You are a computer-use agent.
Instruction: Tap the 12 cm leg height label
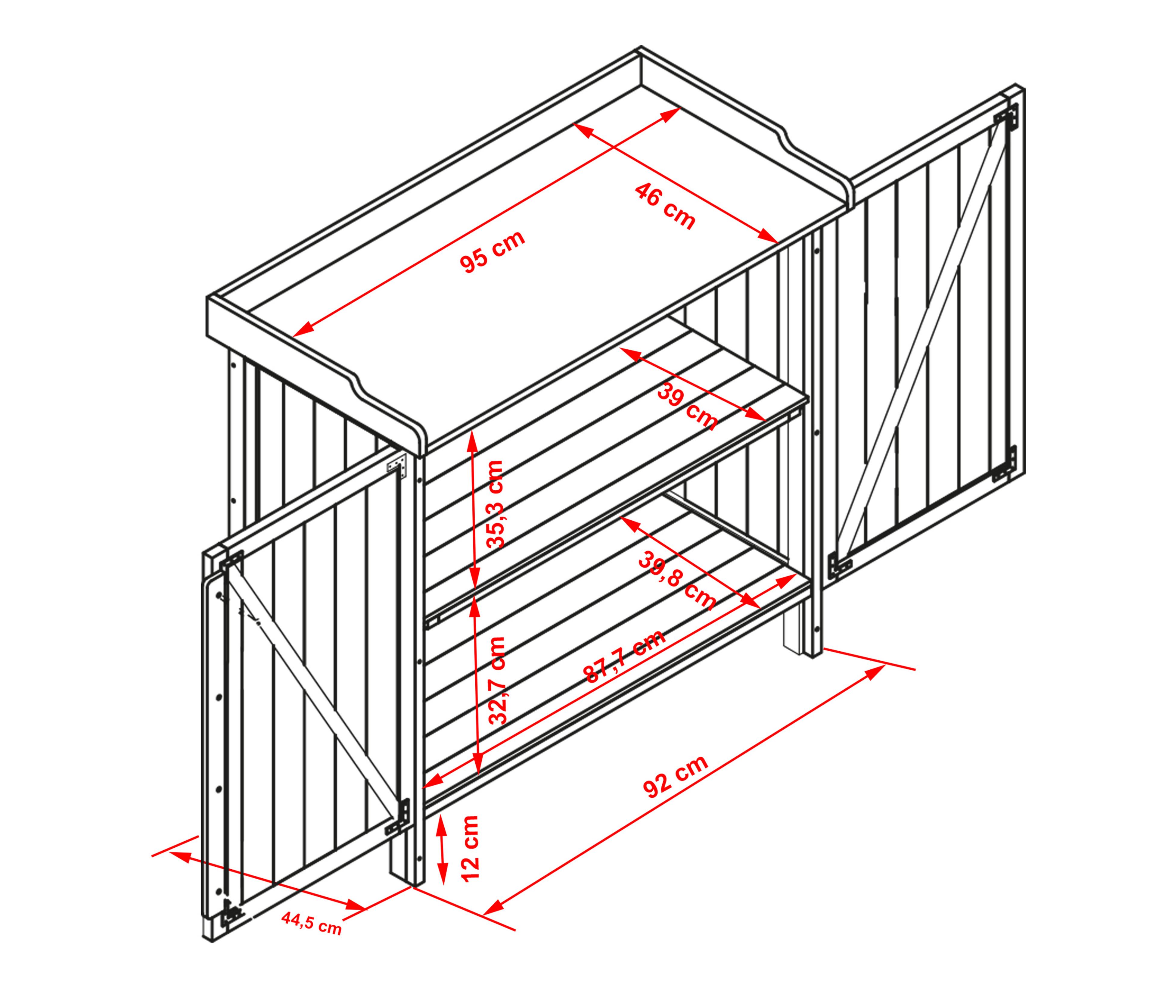point(470,848)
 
